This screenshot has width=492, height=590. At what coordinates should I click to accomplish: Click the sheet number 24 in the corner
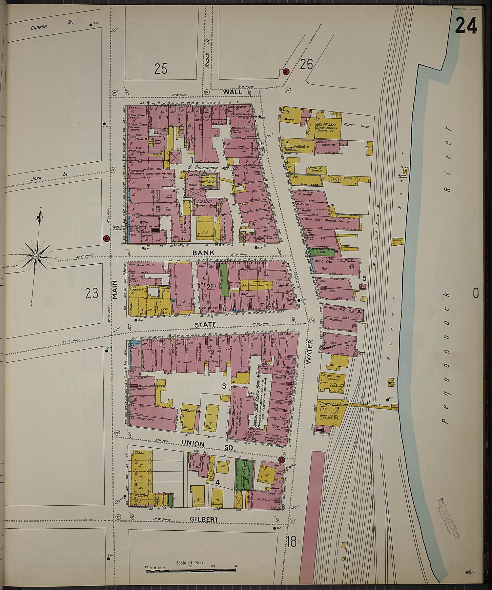(465, 25)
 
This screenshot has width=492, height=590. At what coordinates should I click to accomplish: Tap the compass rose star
(36, 255)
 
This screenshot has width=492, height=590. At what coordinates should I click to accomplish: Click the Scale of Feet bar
(191, 570)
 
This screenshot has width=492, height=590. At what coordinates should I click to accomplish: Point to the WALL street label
(233, 92)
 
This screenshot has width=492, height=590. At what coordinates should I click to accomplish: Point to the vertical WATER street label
(310, 352)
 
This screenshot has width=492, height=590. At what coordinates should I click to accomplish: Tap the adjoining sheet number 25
(161, 69)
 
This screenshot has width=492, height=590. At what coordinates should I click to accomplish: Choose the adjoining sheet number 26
(306, 64)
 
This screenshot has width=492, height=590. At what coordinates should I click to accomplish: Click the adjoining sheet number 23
(92, 293)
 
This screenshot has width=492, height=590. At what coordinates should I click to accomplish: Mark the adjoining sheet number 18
(291, 541)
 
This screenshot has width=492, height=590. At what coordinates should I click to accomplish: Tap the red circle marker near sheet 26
(286, 71)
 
